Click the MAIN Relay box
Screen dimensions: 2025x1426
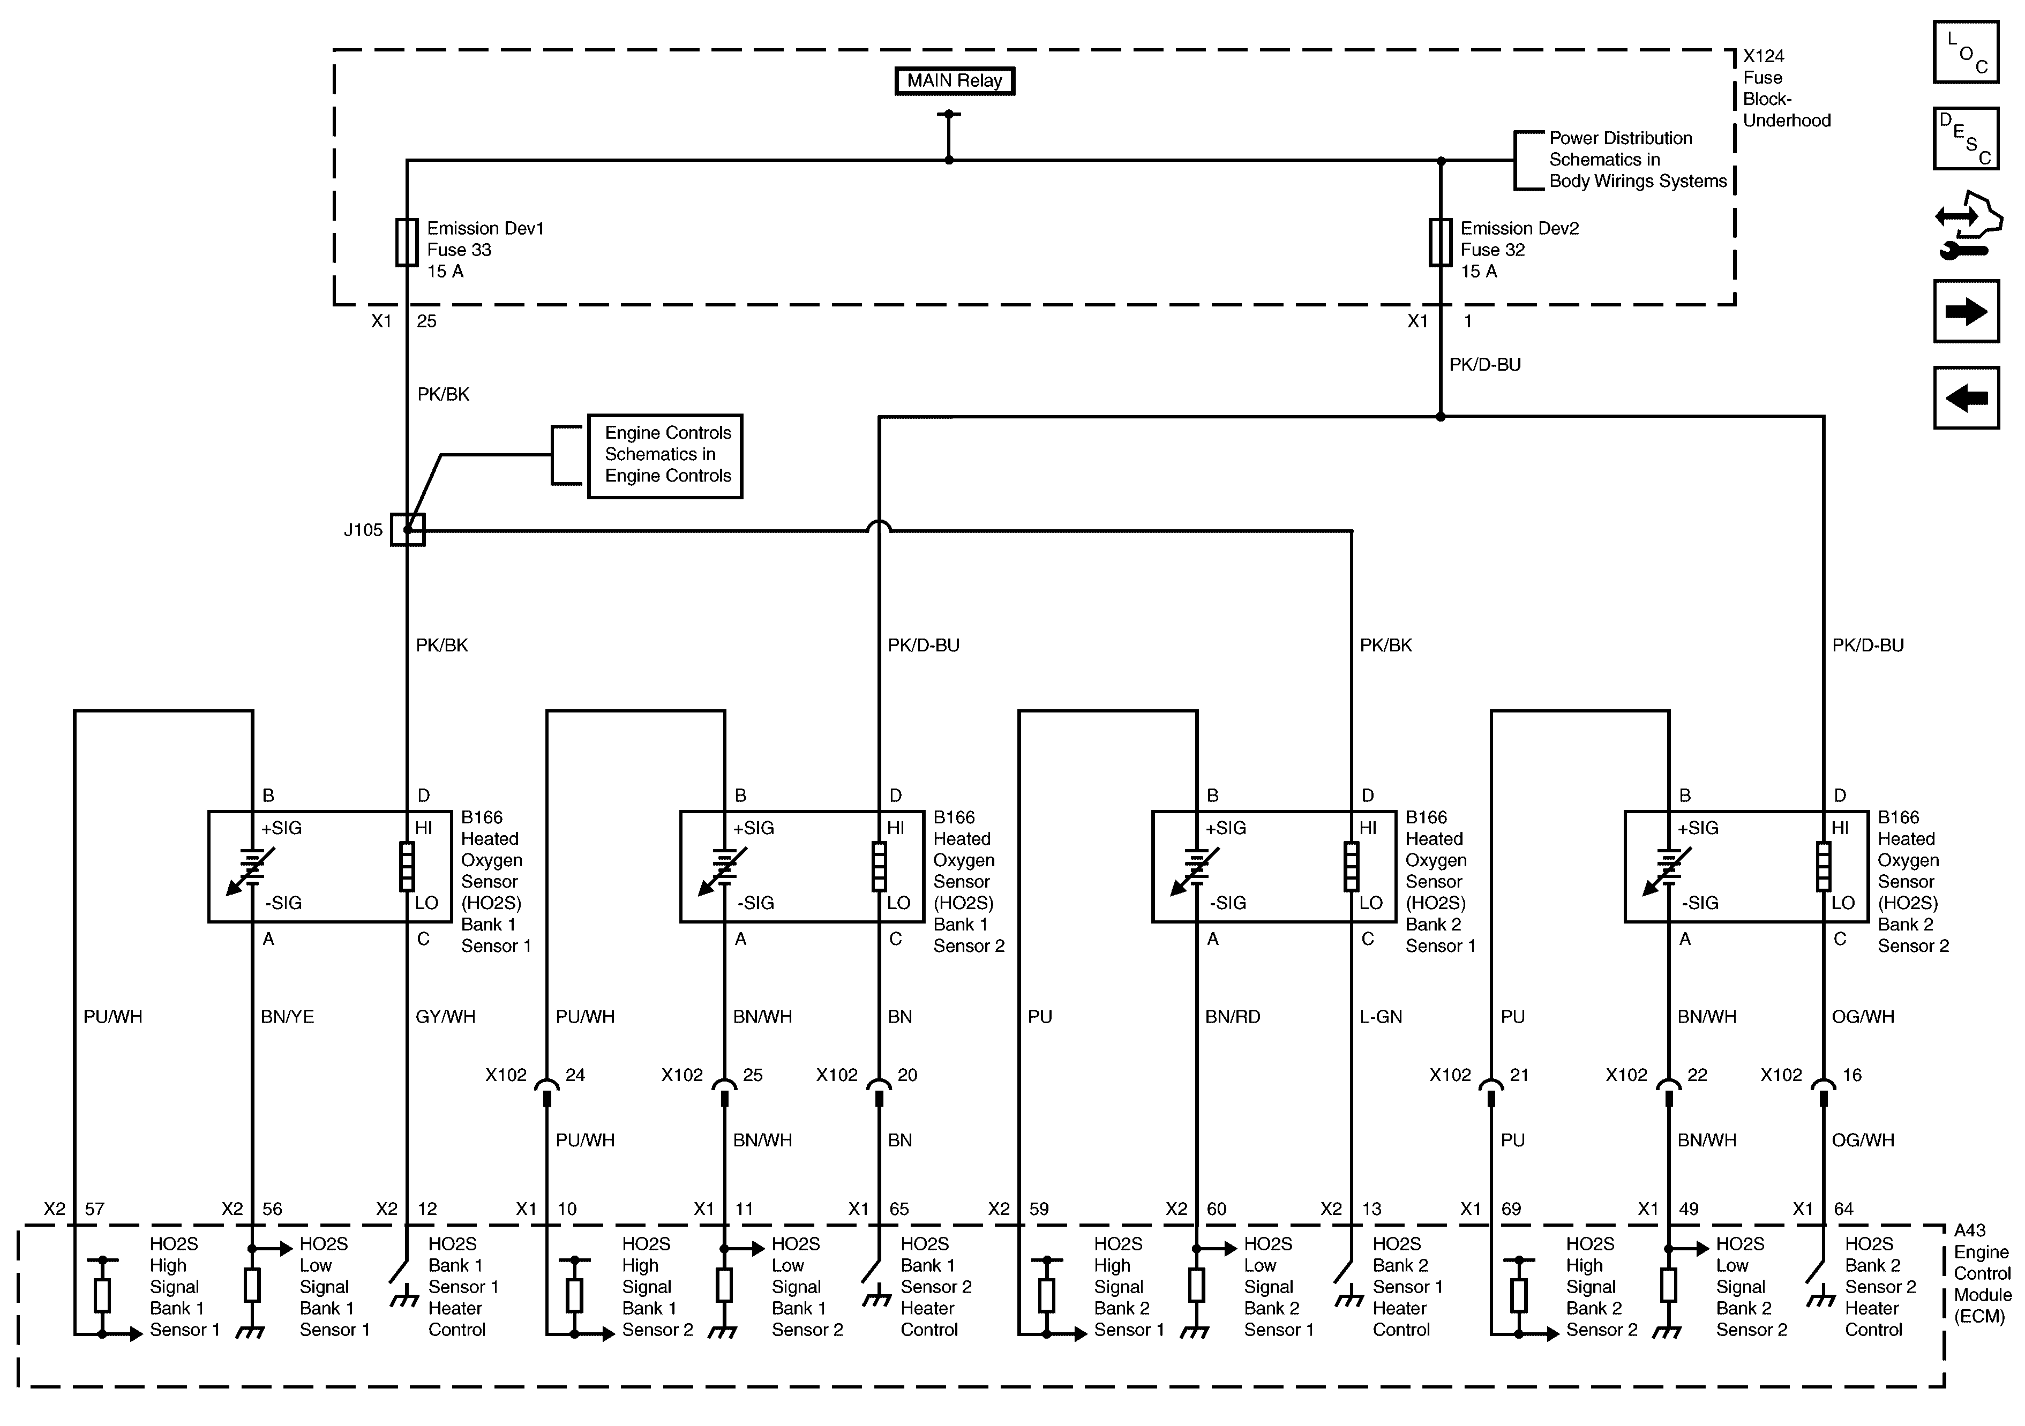tap(954, 81)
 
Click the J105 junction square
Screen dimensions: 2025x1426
tap(408, 530)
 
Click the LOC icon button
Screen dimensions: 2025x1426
tap(1966, 52)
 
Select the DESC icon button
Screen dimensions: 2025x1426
tap(1966, 138)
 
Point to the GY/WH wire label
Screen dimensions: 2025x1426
tap(445, 1017)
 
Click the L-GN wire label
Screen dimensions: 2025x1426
tap(1381, 1017)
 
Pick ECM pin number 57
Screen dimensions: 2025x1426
tap(94, 1209)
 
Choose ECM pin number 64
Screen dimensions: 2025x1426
tap(1843, 1209)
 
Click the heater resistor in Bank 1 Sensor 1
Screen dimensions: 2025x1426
tap(407, 866)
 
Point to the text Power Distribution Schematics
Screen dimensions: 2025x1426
tap(1621, 149)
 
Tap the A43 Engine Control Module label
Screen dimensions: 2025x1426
tap(1982, 1273)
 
